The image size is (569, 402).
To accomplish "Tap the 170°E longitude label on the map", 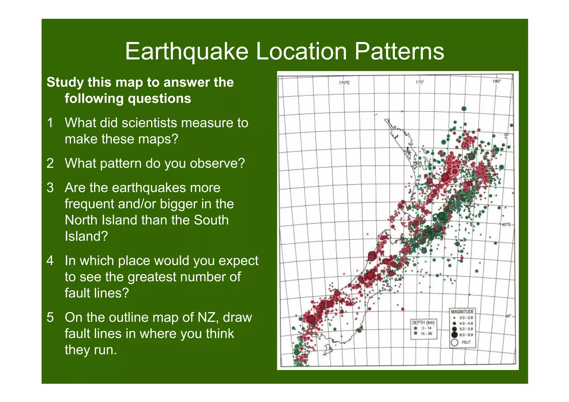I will pos(344,83).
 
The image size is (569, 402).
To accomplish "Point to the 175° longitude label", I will pos(420,82).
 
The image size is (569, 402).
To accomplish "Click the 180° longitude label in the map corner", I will pos(496,81).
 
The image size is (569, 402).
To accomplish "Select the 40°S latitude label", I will pos(506,224).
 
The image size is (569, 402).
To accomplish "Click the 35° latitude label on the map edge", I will pos(507,134).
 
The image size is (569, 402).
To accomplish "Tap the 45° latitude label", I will pos(508,316).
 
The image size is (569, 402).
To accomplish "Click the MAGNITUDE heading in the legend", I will pos(462,312).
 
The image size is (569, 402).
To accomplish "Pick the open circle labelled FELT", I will pos(455,342).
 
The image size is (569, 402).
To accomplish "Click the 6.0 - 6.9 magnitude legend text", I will pos(466,335).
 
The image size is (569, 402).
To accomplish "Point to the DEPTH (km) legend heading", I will pos(423,323).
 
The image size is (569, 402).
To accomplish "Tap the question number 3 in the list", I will pos(50,188).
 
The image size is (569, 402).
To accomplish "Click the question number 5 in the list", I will pos(50,318).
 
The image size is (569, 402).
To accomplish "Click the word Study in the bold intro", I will pos(65,83).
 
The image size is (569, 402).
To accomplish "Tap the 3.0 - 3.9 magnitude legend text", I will pos(466,318).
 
